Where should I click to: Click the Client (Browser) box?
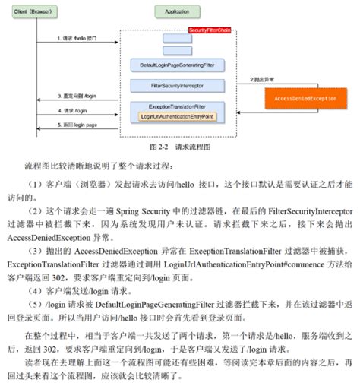[x=33, y=11]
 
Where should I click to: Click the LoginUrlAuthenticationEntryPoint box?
[x=178, y=116]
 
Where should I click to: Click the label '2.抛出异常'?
[x=262, y=79]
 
